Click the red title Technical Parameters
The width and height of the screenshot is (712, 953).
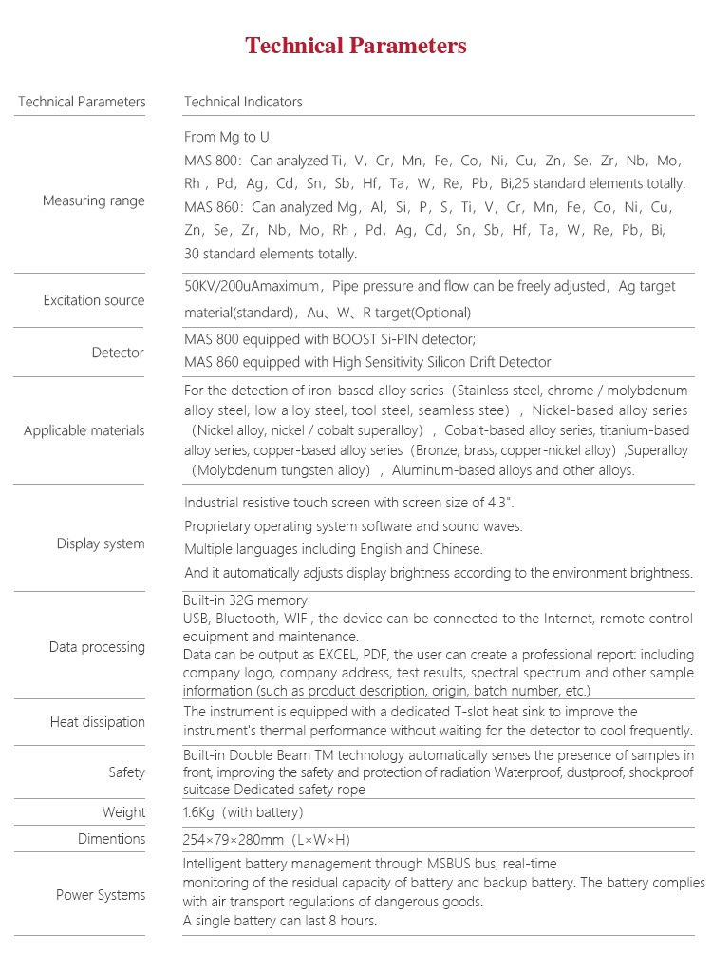(356, 46)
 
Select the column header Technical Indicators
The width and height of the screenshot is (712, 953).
(243, 102)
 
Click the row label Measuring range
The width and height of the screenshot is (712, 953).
(94, 200)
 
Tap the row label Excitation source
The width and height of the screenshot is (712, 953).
(94, 300)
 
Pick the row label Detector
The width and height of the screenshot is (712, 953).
(118, 353)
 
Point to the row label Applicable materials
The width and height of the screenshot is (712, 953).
(84, 430)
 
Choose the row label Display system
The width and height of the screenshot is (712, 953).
(101, 543)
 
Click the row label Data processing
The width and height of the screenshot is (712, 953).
(97, 647)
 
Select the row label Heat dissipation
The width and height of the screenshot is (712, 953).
(98, 722)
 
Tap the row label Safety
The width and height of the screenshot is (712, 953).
(127, 772)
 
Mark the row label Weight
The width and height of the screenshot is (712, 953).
(124, 812)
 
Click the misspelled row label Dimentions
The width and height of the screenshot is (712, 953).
(112, 839)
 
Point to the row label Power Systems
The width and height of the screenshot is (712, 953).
(101, 895)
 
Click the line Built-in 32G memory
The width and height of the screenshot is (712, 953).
(247, 600)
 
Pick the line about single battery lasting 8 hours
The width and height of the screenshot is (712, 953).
(280, 920)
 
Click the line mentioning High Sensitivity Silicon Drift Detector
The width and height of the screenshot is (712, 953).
(367, 362)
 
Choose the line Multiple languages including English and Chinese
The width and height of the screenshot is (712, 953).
(333, 549)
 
